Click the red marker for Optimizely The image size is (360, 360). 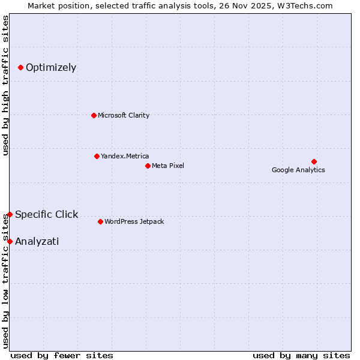point(20,67)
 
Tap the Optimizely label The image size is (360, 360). point(51,67)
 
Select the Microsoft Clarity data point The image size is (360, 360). point(94,115)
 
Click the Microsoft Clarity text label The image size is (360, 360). point(124,115)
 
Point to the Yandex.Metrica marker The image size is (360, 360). point(97,156)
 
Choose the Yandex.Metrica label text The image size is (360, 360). point(125,156)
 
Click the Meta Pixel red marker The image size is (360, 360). point(148,166)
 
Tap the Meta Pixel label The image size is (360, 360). point(168,166)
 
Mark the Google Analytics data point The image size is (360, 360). point(314,161)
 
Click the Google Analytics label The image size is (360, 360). point(298,170)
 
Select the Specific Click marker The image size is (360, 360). point(10,214)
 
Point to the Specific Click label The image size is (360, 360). point(47,214)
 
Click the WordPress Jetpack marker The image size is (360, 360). point(100,221)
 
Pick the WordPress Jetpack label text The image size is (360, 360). point(134,221)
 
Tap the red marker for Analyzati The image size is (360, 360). point(10,241)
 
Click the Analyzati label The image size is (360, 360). point(37,241)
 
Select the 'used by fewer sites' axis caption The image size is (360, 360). point(62,355)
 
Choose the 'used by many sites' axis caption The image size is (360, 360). point(301,355)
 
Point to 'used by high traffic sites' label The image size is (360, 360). point(6,86)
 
